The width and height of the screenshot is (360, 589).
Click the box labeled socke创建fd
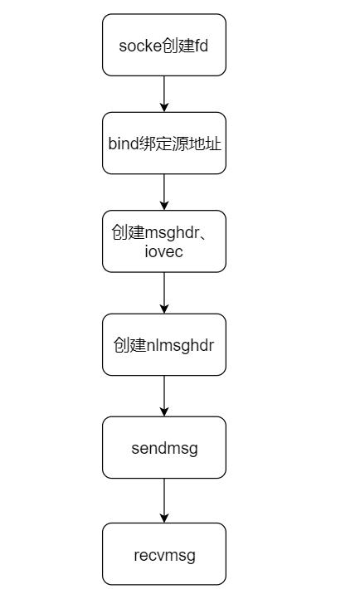163,44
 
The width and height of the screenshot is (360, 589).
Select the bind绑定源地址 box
163,143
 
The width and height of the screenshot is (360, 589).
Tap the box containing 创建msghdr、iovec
163,241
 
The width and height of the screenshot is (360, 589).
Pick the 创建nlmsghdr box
163,344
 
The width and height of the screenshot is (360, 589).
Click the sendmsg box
163,447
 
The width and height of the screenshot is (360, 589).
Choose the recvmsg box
163,553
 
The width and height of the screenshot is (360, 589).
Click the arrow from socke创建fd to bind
163,93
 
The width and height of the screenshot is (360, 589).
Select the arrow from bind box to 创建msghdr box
163,192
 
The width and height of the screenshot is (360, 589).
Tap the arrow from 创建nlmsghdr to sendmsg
163,395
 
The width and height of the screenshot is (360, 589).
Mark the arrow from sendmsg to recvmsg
163,500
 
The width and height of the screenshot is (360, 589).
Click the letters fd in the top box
201,45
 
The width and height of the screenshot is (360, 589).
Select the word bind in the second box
123,144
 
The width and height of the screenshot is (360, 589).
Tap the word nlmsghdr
182,344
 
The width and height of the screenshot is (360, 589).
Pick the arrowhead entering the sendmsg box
163,411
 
